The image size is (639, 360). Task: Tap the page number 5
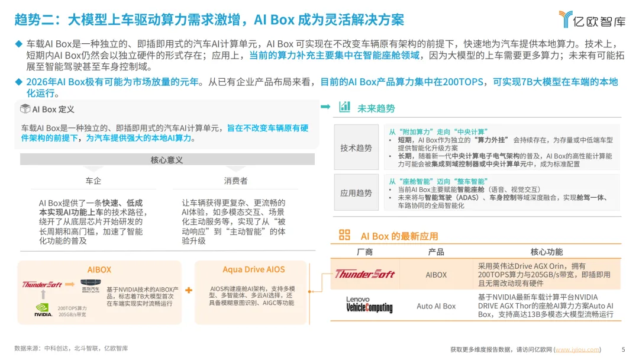point(623,349)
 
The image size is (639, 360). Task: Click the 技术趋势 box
point(356,147)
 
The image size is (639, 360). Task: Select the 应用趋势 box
point(356,192)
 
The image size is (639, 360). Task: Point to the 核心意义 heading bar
point(167,160)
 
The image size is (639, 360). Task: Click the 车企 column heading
point(93,181)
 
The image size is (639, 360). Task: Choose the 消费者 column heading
point(235,181)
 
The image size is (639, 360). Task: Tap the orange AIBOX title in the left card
point(99,269)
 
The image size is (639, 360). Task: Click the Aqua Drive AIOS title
point(254,269)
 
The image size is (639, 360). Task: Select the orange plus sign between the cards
point(189,290)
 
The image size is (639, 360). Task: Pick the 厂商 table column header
point(365,252)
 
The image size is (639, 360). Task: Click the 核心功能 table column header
point(546,252)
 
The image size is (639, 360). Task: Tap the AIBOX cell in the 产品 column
point(436,275)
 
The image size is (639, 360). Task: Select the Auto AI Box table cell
point(436,306)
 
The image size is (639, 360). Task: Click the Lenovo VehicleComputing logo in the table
point(369,305)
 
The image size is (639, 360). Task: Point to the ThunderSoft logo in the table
point(364,274)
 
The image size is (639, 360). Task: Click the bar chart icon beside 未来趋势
point(344,107)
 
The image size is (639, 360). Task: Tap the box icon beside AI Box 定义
point(25,109)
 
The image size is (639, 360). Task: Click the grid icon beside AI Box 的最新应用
point(344,235)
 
